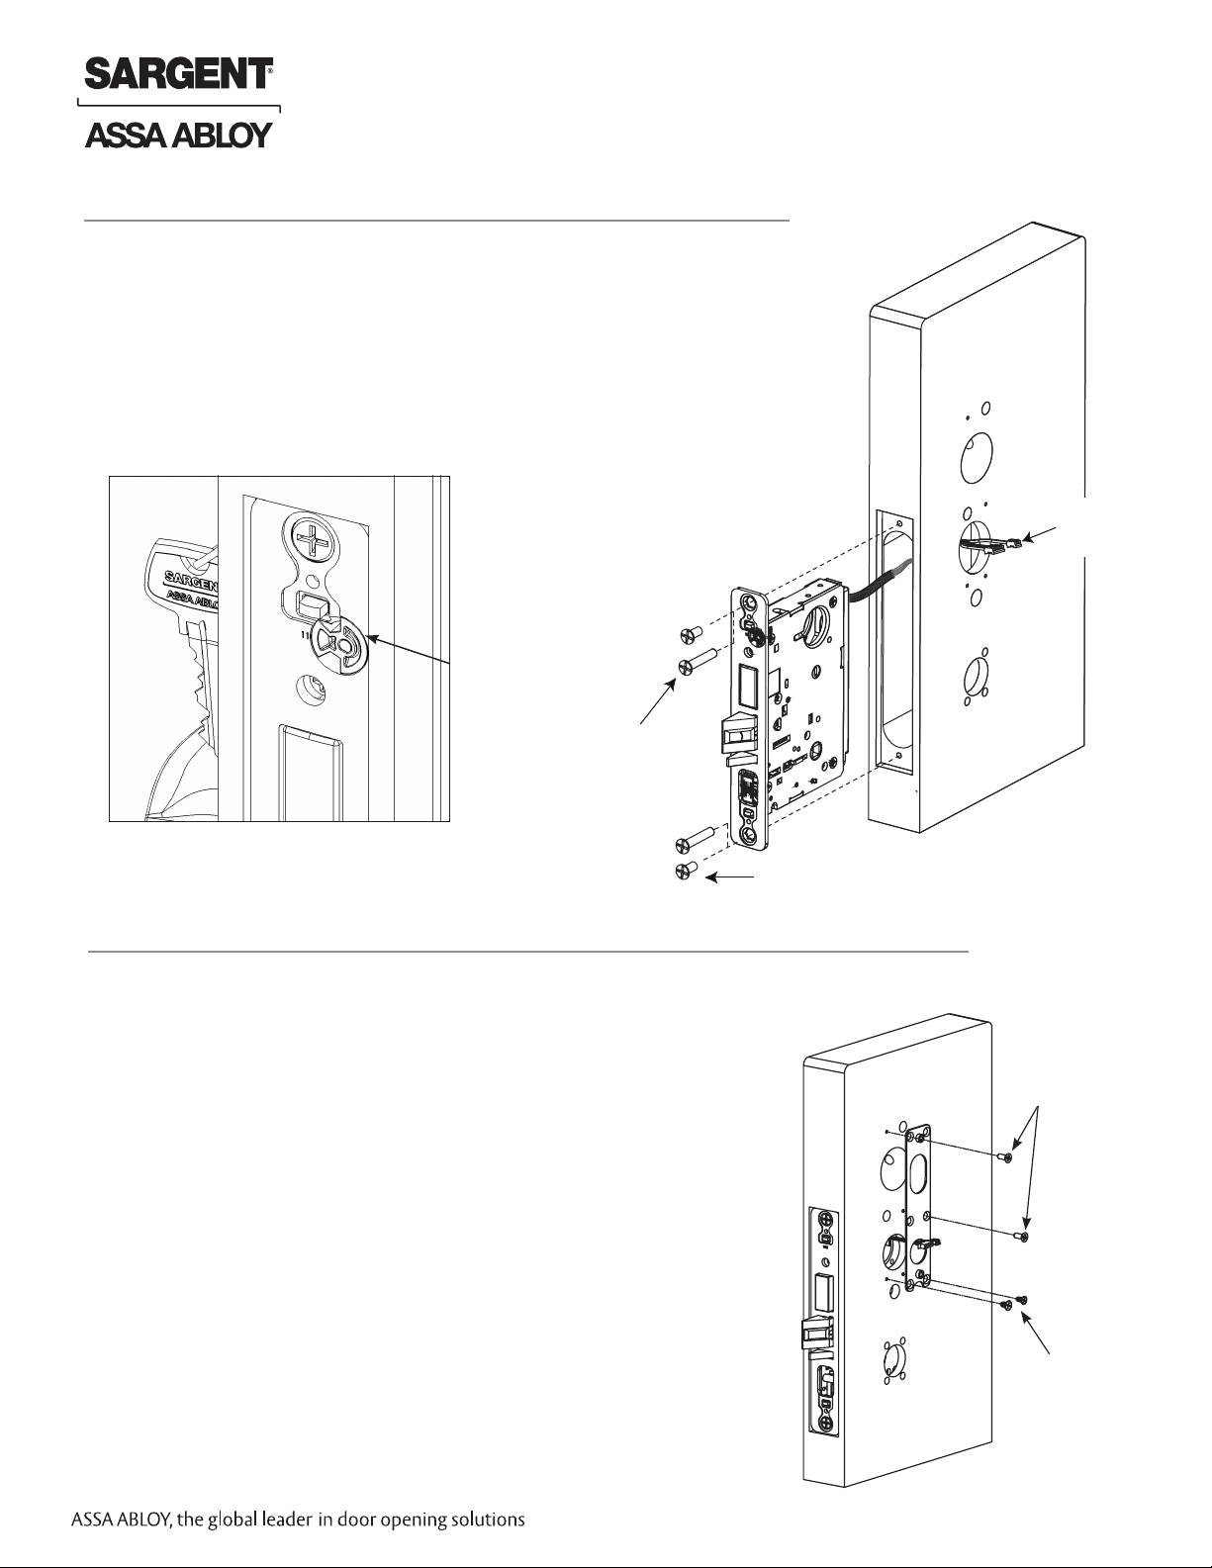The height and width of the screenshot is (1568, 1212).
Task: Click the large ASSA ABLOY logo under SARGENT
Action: click(179, 135)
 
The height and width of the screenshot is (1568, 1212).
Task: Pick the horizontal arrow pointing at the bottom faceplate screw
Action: click(730, 877)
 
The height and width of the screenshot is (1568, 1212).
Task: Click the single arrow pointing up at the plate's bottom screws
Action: click(1035, 1332)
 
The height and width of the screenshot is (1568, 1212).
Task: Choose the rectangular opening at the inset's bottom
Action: click(311, 773)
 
